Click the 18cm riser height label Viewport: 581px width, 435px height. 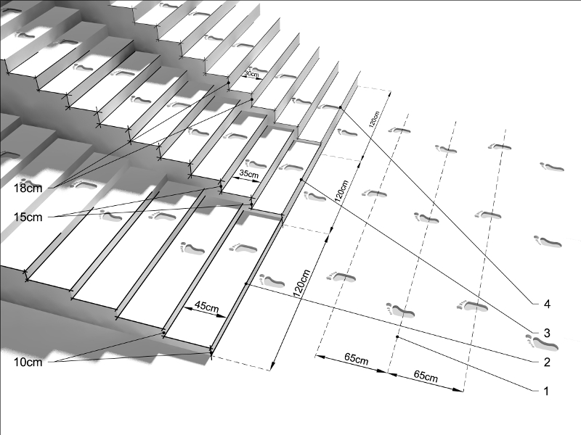coord(28,188)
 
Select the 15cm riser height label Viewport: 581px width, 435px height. coord(28,217)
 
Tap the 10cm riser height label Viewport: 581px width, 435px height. coord(28,362)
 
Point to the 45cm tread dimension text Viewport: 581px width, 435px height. coord(207,307)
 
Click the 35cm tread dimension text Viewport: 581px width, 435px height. coord(249,173)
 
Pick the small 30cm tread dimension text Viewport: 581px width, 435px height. coord(252,74)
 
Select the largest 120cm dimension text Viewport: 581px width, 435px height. coord(301,283)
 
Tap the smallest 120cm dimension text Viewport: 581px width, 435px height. coord(374,119)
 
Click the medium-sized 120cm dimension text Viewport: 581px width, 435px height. coord(341,191)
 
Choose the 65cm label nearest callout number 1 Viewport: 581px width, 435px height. coord(426,376)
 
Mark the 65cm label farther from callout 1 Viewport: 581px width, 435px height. coord(357,359)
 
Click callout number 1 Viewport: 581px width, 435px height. coord(546,391)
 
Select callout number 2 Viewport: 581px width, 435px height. coord(547,362)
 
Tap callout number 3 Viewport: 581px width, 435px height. coord(547,333)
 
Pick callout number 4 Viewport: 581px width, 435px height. coord(547,304)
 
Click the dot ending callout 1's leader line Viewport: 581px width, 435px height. coord(397,337)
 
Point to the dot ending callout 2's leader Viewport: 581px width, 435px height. coord(246,284)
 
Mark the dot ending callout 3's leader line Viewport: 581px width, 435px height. coord(301,180)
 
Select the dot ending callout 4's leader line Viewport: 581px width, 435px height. coord(341,107)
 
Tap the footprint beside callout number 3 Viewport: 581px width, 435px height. coord(542,342)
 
